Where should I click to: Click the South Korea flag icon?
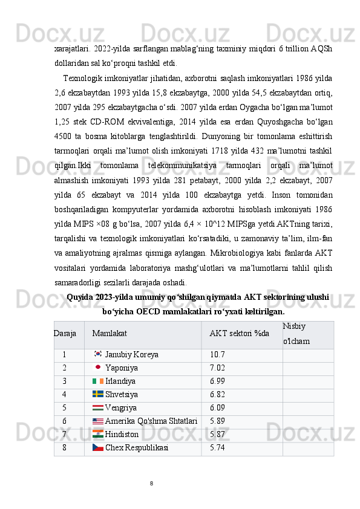98,354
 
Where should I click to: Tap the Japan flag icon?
98,368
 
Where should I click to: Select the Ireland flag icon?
98,381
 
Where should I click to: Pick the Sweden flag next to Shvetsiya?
98,394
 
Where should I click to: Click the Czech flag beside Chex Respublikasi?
98,447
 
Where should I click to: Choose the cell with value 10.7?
217,355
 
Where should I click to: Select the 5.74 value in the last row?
217,448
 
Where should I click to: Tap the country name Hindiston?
122,435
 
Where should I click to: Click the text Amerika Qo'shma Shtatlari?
151,421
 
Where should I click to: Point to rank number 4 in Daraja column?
64,395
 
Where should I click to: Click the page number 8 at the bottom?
151,483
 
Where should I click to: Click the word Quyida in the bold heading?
79,297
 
